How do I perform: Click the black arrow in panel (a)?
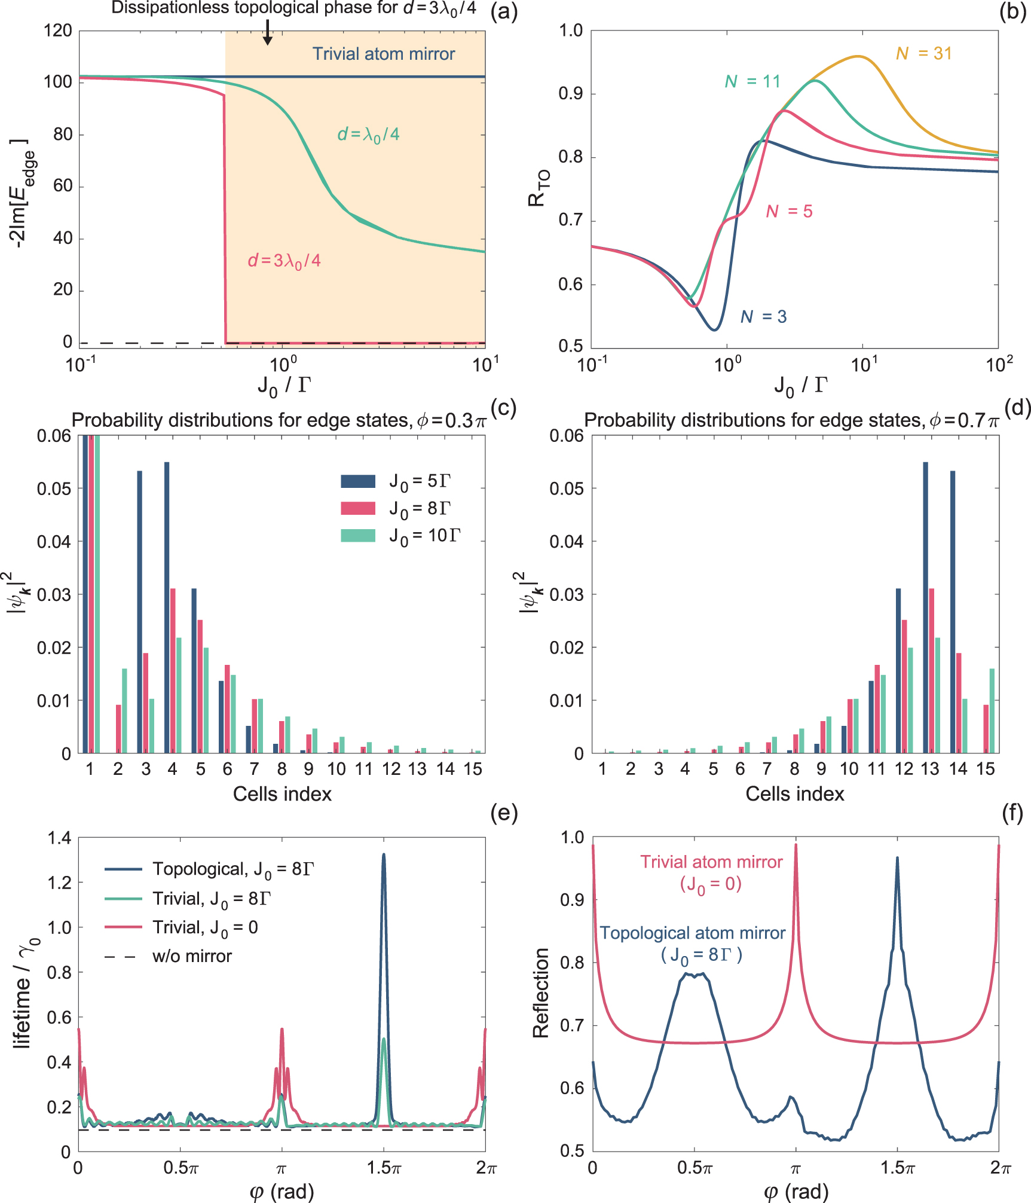(268, 32)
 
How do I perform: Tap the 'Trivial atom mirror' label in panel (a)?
(383, 54)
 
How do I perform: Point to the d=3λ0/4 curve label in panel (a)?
(284, 261)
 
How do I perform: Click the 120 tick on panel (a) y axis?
(58, 30)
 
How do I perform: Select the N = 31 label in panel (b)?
(923, 54)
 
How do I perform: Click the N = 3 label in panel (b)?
(763, 317)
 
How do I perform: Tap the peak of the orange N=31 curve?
(858, 56)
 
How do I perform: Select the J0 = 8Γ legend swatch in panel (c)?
(357, 508)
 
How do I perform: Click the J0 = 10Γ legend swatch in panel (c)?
(357, 535)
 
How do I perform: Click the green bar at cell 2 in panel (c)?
(124, 710)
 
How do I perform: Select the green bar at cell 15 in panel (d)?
(992, 710)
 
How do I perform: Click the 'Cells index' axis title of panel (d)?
(794, 794)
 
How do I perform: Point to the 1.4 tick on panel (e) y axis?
(59, 838)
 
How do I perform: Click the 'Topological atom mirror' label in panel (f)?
(692, 933)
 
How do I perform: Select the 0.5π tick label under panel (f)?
(695, 1167)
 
